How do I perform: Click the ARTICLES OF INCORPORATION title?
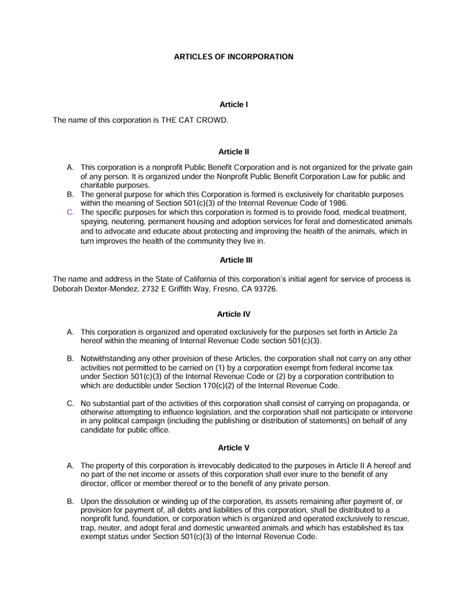coord(233,57)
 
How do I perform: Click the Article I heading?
coord(233,104)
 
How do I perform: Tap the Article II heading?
coord(233,152)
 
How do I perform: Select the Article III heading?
coord(233,260)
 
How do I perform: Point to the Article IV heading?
coord(233,314)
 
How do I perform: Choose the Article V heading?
coord(233,448)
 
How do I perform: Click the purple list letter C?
coord(70,212)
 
